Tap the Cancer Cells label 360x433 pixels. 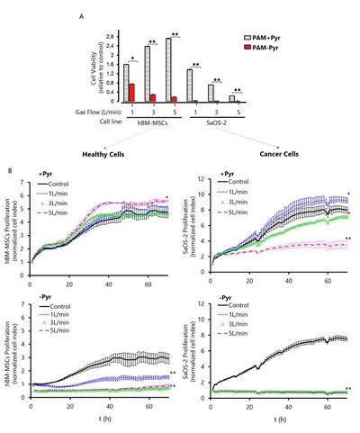(x=300, y=154)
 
